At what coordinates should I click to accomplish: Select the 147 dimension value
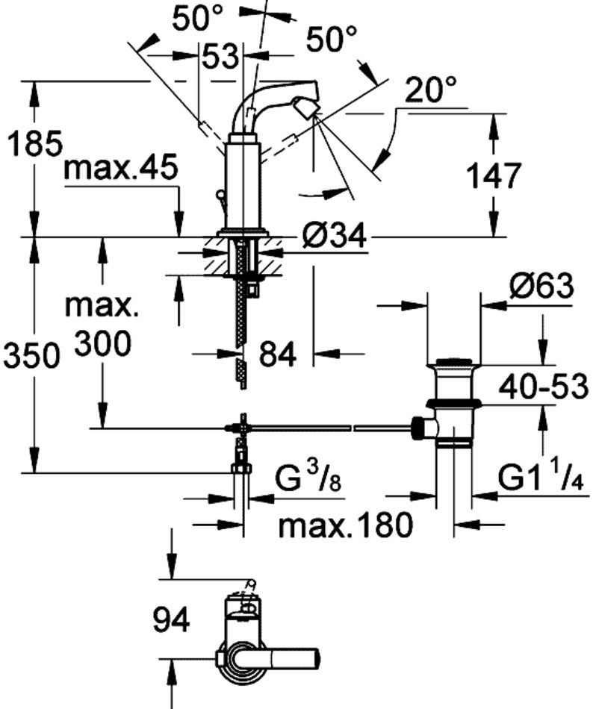click(493, 176)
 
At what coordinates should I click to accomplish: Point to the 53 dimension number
click(220, 57)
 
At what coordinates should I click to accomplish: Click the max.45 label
click(121, 168)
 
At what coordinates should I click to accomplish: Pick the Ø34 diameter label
click(335, 237)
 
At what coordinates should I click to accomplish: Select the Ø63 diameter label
click(541, 286)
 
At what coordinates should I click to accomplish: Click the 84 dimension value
click(277, 354)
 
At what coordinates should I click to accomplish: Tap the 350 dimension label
click(31, 356)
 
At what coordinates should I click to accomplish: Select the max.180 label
click(345, 525)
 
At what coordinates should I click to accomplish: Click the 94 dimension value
click(171, 619)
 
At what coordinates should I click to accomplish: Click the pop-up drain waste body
click(454, 403)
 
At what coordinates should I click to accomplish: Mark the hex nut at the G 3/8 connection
click(240, 468)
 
